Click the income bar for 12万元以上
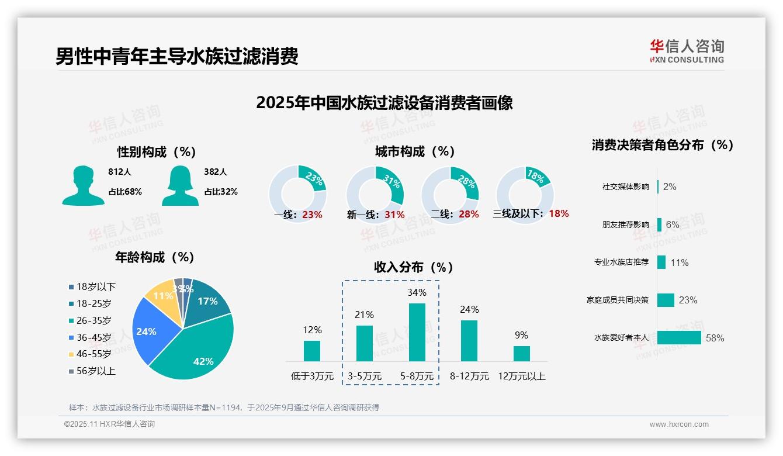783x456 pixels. (521, 353)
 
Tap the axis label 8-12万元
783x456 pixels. (469, 376)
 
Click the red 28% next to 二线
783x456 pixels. (469, 215)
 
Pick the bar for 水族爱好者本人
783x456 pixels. (679, 338)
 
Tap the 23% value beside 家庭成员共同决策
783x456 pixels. (688, 300)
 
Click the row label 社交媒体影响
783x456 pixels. (625, 187)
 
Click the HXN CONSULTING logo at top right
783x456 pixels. (687, 51)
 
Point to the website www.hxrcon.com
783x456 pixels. (678, 424)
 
